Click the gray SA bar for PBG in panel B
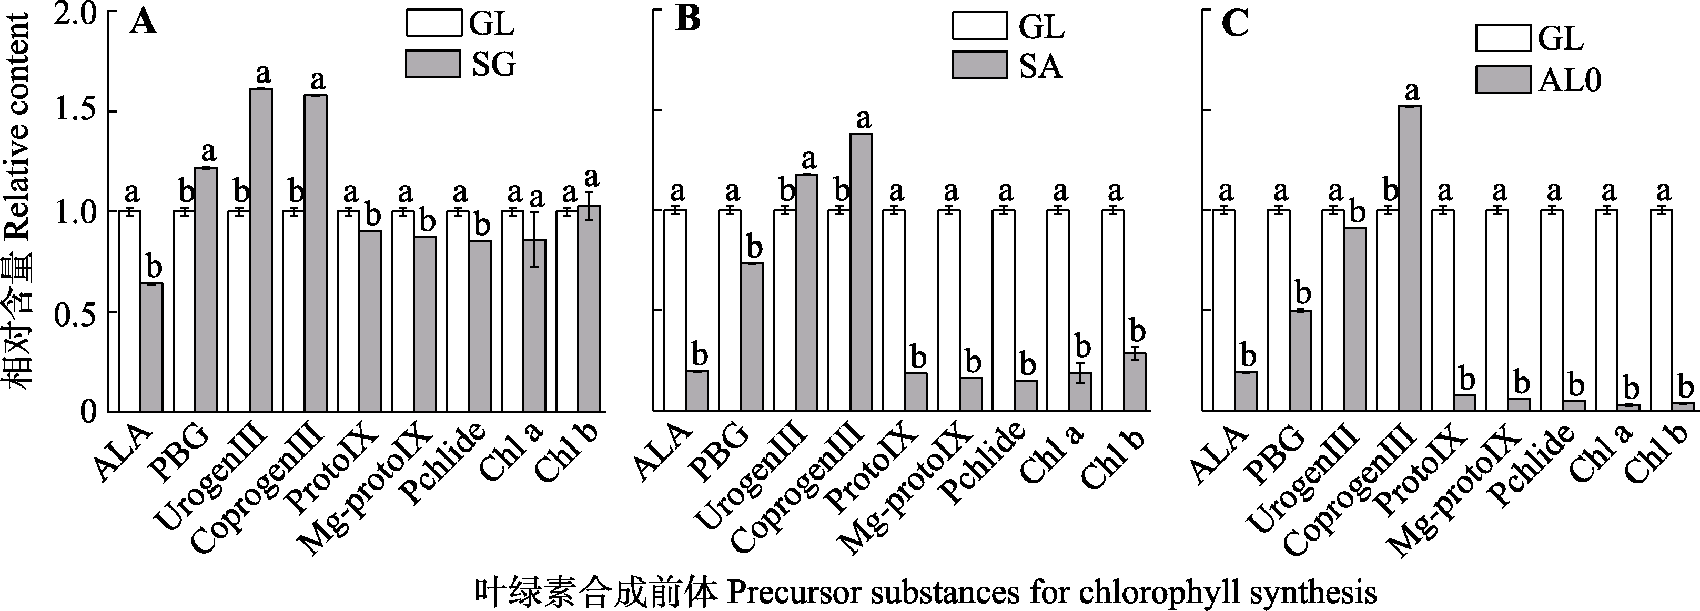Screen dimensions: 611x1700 pos(752,337)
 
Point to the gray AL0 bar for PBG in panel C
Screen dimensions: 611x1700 pos(1300,360)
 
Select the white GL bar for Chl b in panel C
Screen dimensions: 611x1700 pos(1661,310)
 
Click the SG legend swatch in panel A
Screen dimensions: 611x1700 pos(432,64)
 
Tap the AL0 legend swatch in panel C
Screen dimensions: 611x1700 pos(1503,80)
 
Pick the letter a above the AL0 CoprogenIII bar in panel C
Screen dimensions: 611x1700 pos(1411,90)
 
